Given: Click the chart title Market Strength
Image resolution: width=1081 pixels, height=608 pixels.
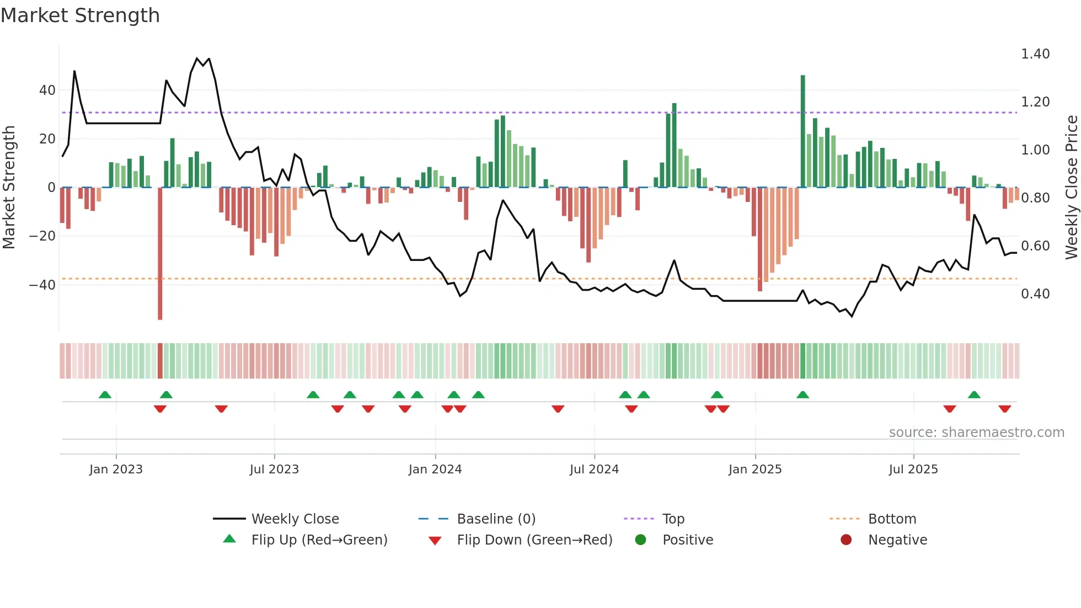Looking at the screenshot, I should pyautogui.click(x=80, y=15).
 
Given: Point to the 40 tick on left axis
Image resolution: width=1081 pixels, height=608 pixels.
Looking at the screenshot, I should pyautogui.click(x=47, y=90).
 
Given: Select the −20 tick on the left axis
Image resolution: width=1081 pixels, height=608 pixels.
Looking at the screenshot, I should pyautogui.click(x=42, y=236).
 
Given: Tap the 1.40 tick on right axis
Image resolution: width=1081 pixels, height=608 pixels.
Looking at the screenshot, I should pyautogui.click(x=1035, y=54).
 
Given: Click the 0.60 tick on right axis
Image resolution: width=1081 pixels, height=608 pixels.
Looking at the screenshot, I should pyautogui.click(x=1035, y=246).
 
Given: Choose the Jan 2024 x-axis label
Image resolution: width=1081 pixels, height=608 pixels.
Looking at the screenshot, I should pyautogui.click(x=435, y=470).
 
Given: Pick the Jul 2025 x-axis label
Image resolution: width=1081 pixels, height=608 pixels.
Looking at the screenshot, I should pyautogui.click(x=913, y=470).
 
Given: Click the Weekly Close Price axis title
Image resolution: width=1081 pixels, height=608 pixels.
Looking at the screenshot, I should pyautogui.click(x=1071, y=188).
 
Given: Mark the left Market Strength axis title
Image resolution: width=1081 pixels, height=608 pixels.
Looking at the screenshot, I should pyautogui.click(x=9, y=188).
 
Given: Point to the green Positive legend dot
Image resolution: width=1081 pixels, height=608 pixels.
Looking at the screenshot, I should pyautogui.click(x=640, y=540).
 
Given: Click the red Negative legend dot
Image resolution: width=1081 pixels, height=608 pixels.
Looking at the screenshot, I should pyautogui.click(x=846, y=540).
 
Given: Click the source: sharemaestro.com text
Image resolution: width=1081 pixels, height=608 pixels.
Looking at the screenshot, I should pyautogui.click(x=976, y=433).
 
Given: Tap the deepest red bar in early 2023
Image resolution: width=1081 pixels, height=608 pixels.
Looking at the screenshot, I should pyautogui.click(x=160, y=254).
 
